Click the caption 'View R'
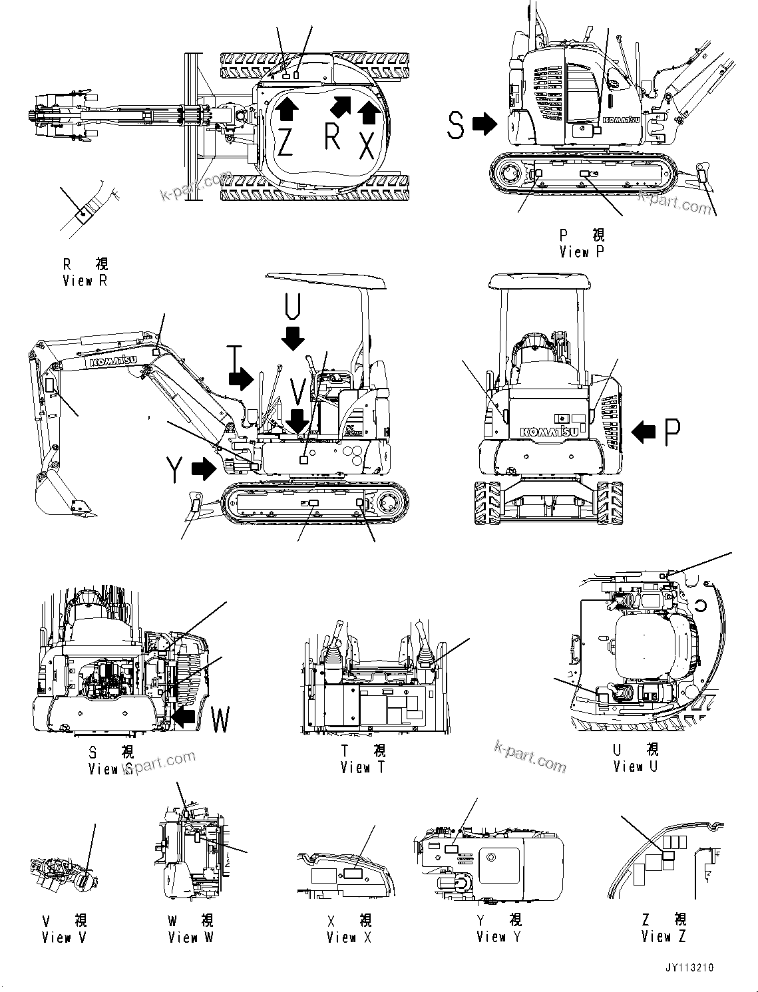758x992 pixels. click(x=85, y=281)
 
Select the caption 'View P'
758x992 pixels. click(x=582, y=251)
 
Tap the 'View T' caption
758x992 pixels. click(x=363, y=767)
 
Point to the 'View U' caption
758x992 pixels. click(x=635, y=766)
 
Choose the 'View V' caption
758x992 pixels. click(x=64, y=937)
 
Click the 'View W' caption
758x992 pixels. click(x=190, y=937)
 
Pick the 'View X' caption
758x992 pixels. click(x=349, y=937)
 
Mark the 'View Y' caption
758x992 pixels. click(x=499, y=937)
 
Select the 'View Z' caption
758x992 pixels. click(x=663, y=937)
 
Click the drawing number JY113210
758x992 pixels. click(x=688, y=967)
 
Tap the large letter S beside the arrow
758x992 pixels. click(x=455, y=125)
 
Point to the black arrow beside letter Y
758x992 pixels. click(x=204, y=470)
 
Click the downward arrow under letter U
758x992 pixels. click(x=292, y=338)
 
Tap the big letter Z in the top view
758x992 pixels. click(x=285, y=141)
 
